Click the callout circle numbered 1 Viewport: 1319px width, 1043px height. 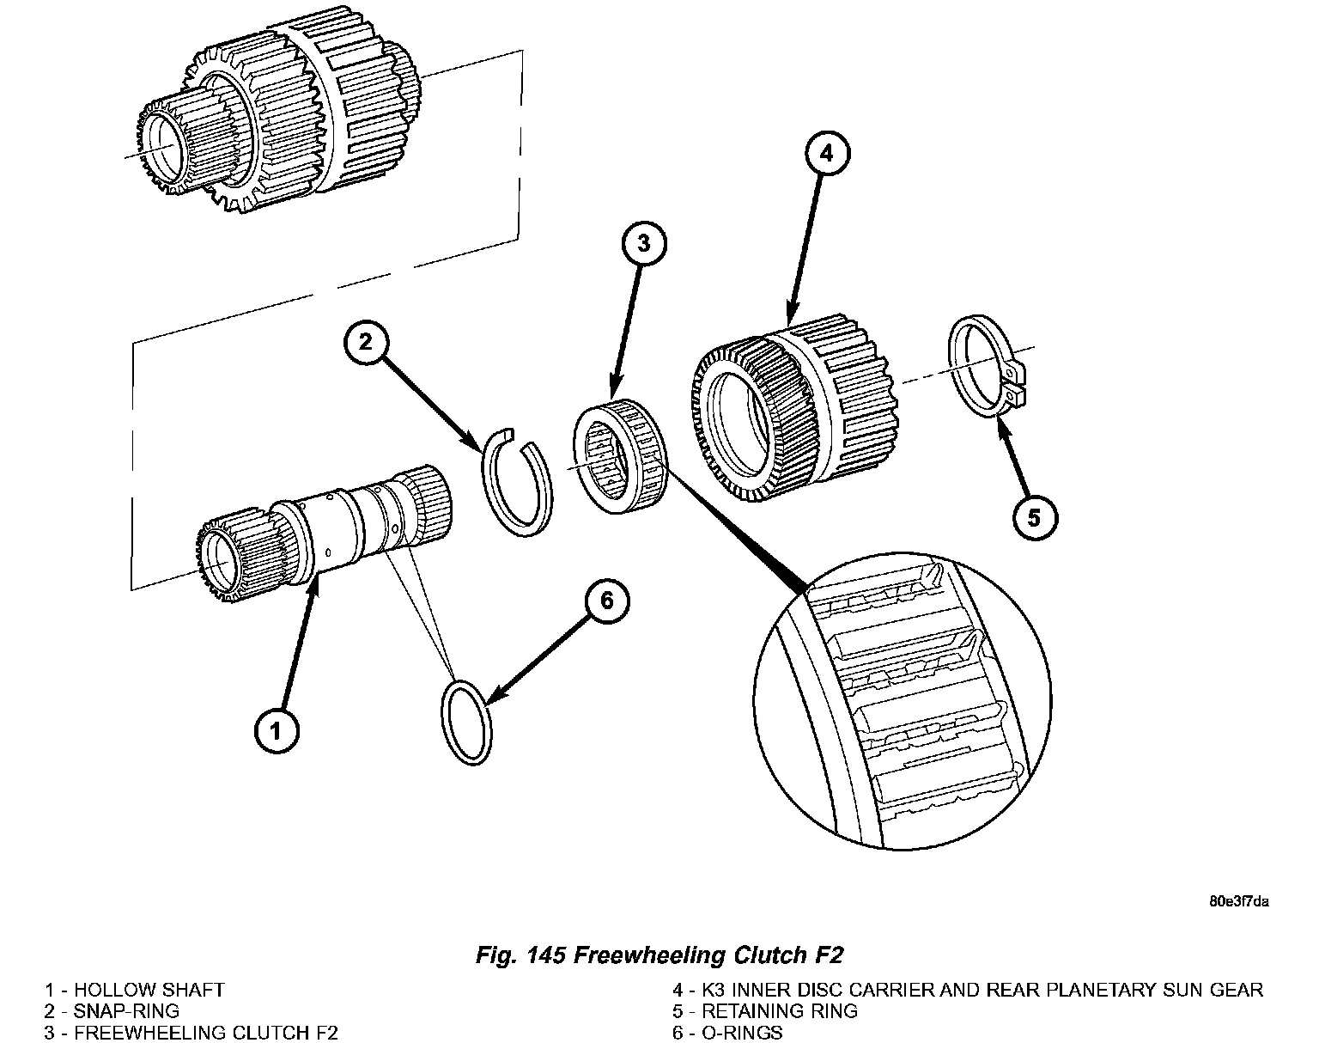pos(277,731)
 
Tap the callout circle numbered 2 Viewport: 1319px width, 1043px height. pos(365,342)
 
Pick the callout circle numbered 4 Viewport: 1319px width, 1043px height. pos(825,155)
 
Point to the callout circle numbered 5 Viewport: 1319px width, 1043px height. pos(1034,517)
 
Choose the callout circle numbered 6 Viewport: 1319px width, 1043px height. pos(606,601)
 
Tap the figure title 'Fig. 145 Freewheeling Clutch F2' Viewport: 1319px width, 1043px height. pos(659,955)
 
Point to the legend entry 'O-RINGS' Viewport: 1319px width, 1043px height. pos(727,1032)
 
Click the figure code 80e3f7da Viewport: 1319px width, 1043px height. pos(1238,902)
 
